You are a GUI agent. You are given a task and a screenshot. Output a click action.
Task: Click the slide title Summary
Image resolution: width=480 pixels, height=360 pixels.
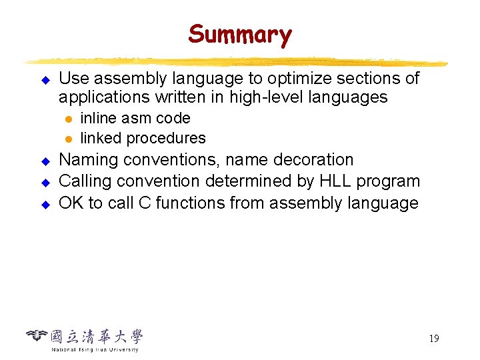click(x=240, y=34)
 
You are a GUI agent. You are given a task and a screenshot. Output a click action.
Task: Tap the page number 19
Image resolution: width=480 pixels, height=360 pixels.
click(x=433, y=339)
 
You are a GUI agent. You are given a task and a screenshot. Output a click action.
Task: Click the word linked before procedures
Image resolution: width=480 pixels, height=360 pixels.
click(x=101, y=139)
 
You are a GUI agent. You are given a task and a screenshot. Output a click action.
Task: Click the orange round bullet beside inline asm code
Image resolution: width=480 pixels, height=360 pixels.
click(x=68, y=119)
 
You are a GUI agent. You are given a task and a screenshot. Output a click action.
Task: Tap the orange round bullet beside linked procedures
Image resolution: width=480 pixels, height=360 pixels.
click(x=68, y=139)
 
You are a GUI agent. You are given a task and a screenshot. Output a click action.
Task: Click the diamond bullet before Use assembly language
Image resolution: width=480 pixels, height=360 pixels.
click(x=46, y=80)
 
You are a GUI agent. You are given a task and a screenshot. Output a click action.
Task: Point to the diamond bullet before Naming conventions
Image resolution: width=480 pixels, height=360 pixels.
click(x=46, y=161)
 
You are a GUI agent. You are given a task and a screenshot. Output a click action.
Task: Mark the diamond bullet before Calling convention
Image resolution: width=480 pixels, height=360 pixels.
click(x=46, y=183)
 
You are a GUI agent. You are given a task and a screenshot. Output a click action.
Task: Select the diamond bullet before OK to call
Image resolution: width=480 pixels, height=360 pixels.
click(x=46, y=204)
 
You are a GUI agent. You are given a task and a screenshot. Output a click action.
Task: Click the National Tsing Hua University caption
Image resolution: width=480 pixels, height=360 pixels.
click(x=95, y=349)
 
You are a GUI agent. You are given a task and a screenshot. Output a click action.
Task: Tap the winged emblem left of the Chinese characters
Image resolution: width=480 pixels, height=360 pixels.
click(x=37, y=335)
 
